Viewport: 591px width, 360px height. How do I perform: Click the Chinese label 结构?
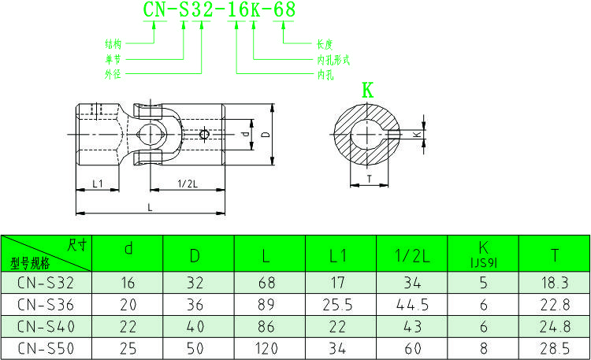pos(113,44)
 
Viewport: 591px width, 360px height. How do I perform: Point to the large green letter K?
pos(367,90)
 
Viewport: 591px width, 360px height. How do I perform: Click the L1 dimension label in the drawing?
pos(98,183)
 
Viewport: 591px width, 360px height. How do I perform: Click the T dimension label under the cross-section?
pos(369,179)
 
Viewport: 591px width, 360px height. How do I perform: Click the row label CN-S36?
pos(44,303)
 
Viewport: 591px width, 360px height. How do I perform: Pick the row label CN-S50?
pos(44,347)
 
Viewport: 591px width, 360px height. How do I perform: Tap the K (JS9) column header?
pos(483,254)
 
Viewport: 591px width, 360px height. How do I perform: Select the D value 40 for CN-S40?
pos(195,325)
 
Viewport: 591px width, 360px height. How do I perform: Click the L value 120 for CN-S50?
pos(267,347)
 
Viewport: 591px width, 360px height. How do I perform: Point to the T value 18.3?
pos(555,282)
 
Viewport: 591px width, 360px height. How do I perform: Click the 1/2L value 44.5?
pos(411,303)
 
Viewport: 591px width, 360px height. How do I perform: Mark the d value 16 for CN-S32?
pos(128,282)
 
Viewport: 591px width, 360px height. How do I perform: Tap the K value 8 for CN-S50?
pos(483,347)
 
